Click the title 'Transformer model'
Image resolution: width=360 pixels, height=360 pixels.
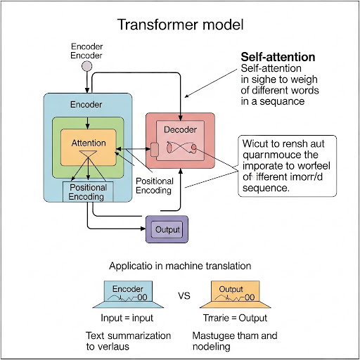point(180,25)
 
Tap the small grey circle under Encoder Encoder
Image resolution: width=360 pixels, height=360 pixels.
point(87,67)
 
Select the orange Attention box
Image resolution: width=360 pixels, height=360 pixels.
point(89,143)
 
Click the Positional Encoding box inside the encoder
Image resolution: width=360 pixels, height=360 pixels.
point(88,192)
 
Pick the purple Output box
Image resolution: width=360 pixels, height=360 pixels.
point(167,229)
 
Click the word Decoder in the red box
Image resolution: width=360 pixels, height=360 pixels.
point(181,130)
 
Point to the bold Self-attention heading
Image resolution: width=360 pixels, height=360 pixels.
point(278,57)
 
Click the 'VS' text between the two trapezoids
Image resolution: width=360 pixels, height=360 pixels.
point(184,296)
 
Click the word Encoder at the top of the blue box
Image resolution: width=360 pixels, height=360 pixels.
point(86,105)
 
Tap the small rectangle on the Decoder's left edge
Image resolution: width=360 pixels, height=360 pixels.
point(154,149)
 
